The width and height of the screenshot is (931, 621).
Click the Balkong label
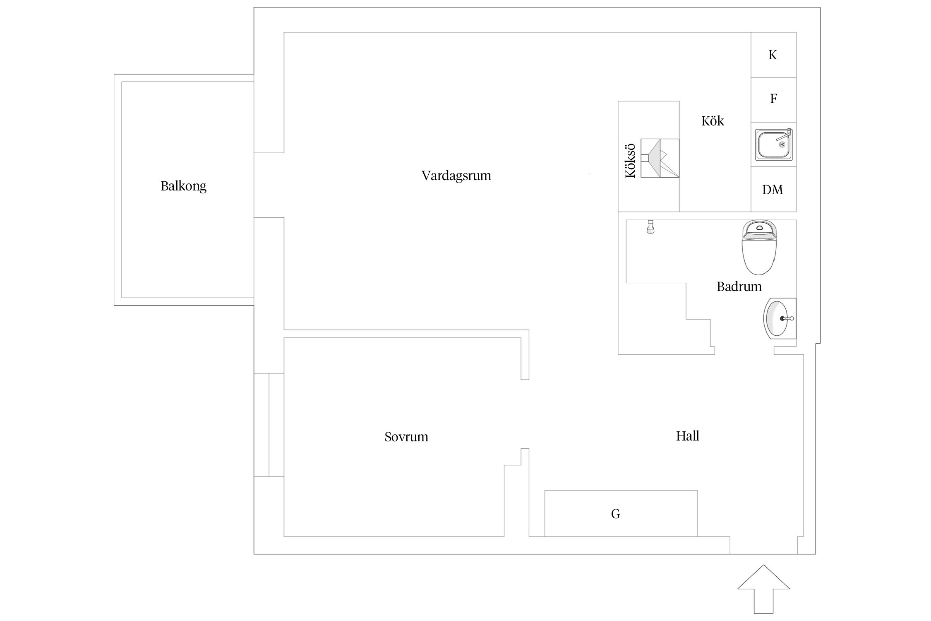tap(183, 186)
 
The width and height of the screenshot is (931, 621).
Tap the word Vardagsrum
tap(456, 176)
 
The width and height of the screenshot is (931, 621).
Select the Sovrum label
tap(406, 437)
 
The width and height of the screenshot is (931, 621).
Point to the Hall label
tap(688, 436)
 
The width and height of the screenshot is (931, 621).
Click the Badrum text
tap(739, 286)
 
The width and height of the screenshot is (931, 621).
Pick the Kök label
tap(713, 121)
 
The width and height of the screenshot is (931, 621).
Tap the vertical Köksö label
tap(630, 161)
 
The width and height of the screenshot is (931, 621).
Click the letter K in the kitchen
tap(773, 55)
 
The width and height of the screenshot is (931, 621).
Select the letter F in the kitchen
tap(773, 99)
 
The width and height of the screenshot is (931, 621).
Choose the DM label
tap(773, 190)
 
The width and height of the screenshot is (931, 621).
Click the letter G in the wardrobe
tap(616, 514)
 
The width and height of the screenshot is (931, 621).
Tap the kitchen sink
tap(774, 144)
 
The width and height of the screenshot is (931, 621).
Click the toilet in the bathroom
tap(759, 247)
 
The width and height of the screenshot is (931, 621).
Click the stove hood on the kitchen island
tap(660, 158)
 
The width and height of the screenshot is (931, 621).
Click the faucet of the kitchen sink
tap(784, 135)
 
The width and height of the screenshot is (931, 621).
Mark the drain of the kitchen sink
tap(782, 144)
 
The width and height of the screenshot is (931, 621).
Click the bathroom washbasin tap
tap(787, 318)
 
